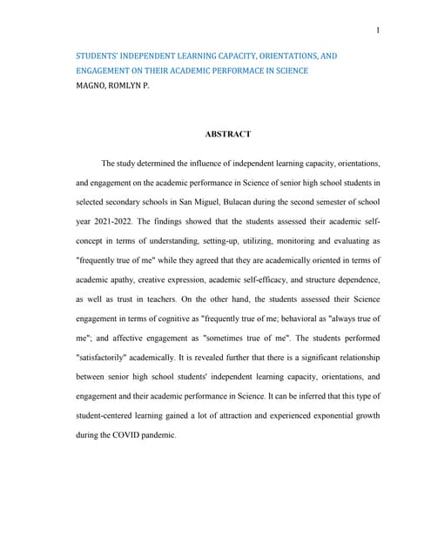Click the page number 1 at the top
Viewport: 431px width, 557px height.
pos(378,31)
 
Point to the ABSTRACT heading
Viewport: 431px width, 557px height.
pos(228,134)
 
